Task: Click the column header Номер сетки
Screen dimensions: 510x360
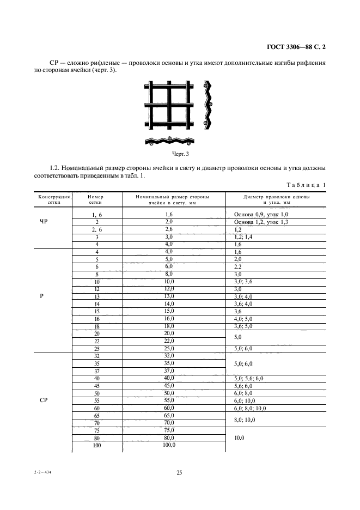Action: pos(95,199)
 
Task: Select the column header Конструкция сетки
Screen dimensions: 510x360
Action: pos(53,199)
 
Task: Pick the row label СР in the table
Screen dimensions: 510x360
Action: pos(44,400)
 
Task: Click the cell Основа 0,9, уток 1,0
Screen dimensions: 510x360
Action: pos(261,215)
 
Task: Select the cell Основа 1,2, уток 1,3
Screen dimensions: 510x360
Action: pos(261,222)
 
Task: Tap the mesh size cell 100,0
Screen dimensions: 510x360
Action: pos(169,445)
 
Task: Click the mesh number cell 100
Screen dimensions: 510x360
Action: pos(96,446)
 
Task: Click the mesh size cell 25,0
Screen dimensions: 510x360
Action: pos(169,348)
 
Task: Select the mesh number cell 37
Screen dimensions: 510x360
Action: pos(96,371)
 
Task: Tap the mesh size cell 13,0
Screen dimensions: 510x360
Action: pos(169,296)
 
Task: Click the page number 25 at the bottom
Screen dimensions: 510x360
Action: pos(179,472)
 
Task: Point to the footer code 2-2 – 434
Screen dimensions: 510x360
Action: pos(44,473)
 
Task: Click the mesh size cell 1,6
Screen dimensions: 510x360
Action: pos(169,215)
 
